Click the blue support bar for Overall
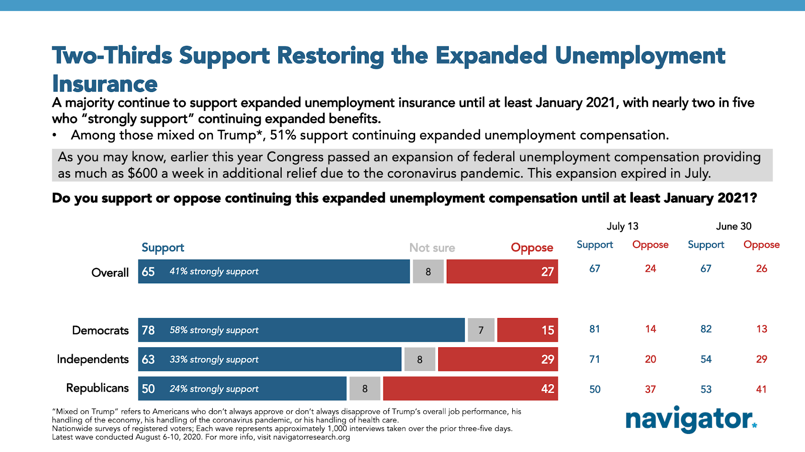tap(274, 271)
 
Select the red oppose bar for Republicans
tap(470, 389)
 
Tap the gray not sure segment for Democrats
tap(481, 330)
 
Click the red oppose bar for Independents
tap(498, 359)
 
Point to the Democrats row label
tap(100, 330)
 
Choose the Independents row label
tap(93, 359)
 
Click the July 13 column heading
tap(622, 227)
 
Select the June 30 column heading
tap(734, 227)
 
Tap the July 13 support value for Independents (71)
tap(595, 359)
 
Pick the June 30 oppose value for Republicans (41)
tap(761, 389)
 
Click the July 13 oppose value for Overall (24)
tap(651, 269)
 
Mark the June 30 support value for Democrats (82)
tap(706, 329)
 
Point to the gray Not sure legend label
tap(432, 248)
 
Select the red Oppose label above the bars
tap(532, 248)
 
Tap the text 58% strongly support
tap(214, 330)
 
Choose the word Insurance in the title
tap(105, 84)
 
